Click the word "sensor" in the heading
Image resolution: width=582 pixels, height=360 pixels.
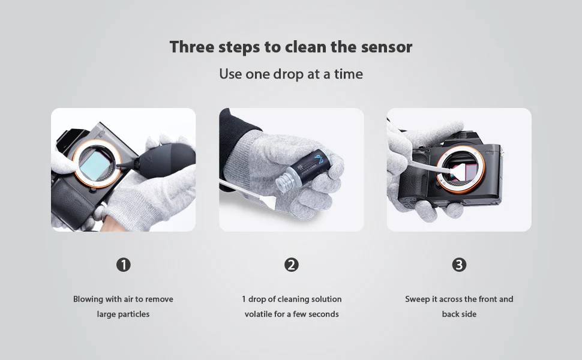386,47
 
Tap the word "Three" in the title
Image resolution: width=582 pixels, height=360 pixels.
191,47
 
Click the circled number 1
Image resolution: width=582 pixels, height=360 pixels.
123,265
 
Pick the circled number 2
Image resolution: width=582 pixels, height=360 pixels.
292,265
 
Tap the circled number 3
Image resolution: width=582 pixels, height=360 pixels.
459,265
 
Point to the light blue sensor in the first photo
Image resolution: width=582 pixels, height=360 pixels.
95,165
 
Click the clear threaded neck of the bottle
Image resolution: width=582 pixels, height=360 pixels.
284,183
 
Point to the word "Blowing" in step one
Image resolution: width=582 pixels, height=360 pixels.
88,299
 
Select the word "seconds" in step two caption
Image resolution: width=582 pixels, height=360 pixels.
323,314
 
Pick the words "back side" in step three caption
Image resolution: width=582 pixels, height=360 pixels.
459,314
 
